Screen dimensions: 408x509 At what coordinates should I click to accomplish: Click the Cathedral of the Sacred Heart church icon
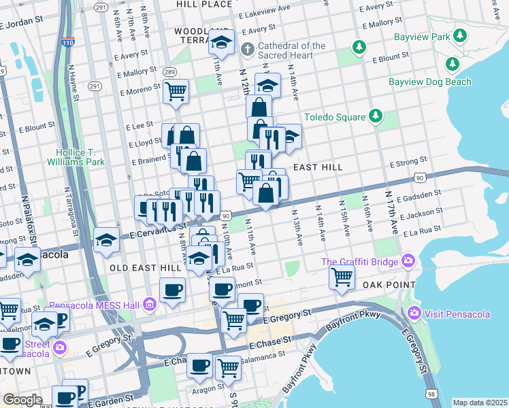pos(248,50)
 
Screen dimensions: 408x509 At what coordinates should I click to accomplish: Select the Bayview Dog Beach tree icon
pos(452,64)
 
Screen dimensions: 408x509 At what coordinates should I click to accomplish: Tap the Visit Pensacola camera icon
pos(413,313)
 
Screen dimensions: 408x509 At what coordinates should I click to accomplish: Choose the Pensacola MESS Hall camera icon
pos(149,303)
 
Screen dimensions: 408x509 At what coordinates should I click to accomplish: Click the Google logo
pos(22,399)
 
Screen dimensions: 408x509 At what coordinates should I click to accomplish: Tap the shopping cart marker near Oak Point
pos(342,275)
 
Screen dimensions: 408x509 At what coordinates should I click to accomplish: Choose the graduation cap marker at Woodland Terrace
pos(221,42)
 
